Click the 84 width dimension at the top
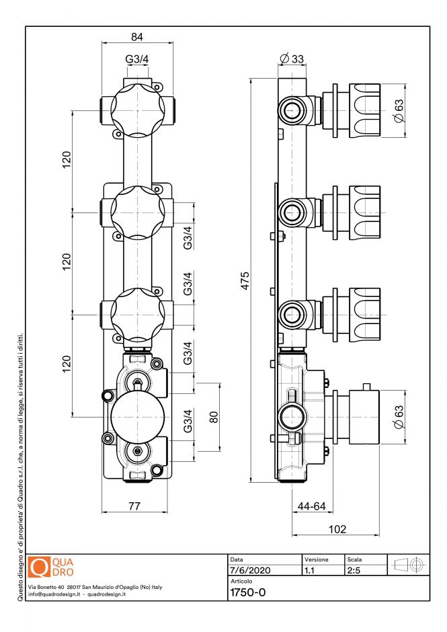[137, 36]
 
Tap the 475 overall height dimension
[245, 280]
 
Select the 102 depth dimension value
[337, 529]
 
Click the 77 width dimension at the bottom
[134, 506]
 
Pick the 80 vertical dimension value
[214, 417]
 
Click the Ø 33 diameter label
[292, 58]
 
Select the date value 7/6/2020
[250, 570]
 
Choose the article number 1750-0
[247, 592]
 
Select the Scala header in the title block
[354, 559]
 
